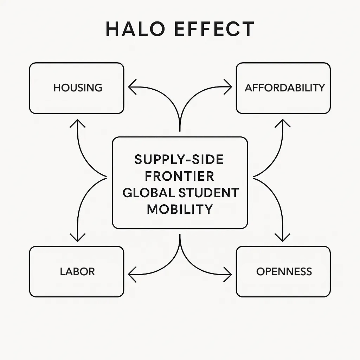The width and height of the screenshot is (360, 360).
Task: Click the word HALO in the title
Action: click(135, 29)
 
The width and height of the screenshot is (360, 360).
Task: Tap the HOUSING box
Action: click(77, 88)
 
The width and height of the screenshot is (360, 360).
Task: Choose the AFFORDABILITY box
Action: click(283, 88)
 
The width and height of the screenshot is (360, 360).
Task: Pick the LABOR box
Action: click(77, 271)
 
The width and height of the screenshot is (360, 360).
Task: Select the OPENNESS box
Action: click(283, 271)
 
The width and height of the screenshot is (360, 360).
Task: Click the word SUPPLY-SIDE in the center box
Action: click(179, 160)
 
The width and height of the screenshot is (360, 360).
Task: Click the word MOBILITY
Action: click(180, 209)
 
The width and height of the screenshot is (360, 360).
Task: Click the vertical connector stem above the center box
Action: click(180, 123)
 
